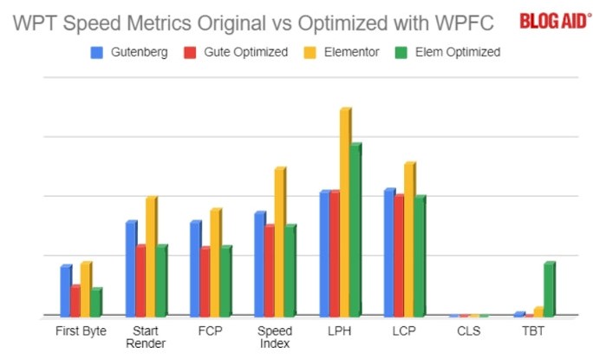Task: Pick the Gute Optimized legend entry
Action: [x=235, y=52]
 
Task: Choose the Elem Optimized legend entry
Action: [x=452, y=52]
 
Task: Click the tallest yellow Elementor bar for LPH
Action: [x=345, y=213]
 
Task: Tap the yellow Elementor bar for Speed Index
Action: [x=279, y=242]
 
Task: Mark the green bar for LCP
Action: [x=420, y=256]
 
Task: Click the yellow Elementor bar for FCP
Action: [x=215, y=262]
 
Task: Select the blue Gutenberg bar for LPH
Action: [x=324, y=253]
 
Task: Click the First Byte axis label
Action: [x=80, y=331]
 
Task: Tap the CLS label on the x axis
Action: [x=469, y=331]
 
